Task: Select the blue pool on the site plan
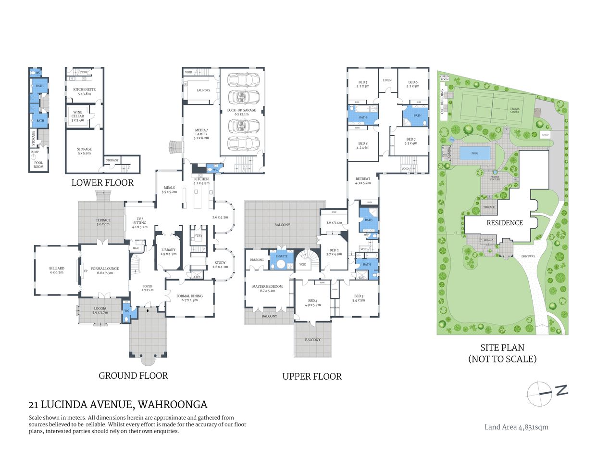(x=475, y=154)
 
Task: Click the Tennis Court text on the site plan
(x=515, y=110)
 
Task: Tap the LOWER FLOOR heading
(x=102, y=183)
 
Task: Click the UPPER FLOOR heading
(x=312, y=377)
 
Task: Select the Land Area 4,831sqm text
(x=516, y=427)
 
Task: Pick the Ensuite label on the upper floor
(x=281, y=256)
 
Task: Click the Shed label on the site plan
(x=545, y=135)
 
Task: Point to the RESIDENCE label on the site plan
(x=504, y=223)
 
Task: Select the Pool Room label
(x=38, y=165)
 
